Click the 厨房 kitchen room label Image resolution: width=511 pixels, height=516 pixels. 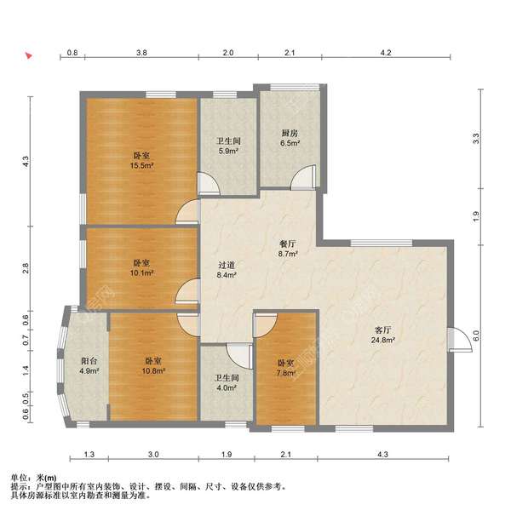click(x=290, y=134)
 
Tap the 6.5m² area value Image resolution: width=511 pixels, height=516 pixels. click(x=290, y=143)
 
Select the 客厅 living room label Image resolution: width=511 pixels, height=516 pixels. click(x=383, y=330)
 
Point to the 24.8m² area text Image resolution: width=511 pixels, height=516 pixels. click(x=383, y=340)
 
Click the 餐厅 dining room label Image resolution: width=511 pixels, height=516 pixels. click(x=288, y=244)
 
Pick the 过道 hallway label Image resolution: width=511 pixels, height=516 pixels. click(x=227, y=265)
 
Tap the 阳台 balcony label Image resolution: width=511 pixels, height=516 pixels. click(x=89, y=361)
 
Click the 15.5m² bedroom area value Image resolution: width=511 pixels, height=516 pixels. click(x=142, y=165)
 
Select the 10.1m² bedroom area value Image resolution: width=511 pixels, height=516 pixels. click(x=142, y=272)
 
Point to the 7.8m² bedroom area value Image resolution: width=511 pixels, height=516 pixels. click(x=286, y=373)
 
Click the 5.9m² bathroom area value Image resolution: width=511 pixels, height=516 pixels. click(x=228, y=151)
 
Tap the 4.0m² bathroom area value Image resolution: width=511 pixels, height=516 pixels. click(x=227, y=388)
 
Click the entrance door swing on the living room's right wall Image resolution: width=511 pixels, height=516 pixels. click(x=460, y=340)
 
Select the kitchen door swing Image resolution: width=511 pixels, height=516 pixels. click(x=303, y=177)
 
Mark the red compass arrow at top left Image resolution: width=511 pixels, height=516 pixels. click(x=29, y=55)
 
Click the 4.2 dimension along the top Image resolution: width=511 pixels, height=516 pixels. click(x=386, y=53)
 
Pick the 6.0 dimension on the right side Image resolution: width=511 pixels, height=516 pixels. click(x=476, y=335)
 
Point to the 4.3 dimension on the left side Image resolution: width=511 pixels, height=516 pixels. click(x=26, y=162)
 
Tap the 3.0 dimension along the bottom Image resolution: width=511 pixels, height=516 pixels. click(x=153, y=455)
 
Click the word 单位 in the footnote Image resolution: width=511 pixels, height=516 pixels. click(x=19, y=478)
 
